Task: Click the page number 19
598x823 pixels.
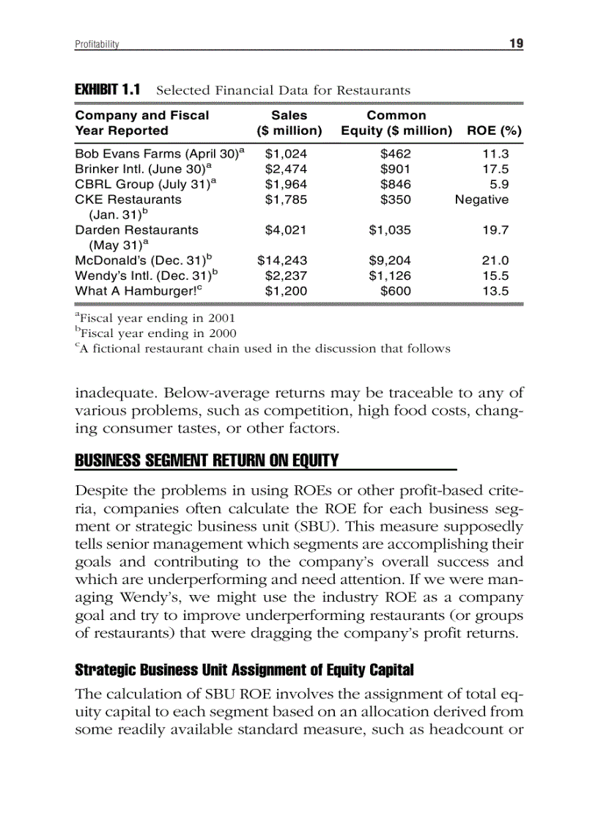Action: tap(516, 43)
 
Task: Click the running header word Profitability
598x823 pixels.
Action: tap(97, 44)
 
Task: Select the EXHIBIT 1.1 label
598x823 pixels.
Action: tap(108, 90)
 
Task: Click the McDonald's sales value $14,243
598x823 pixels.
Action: tap(282, 260)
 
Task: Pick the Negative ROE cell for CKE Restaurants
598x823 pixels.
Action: tap(481, 199)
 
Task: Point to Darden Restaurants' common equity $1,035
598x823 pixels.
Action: tap(390, 229)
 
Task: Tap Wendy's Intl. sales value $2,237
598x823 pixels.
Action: tap(286, 276)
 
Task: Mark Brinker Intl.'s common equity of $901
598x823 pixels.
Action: tap(395, 169)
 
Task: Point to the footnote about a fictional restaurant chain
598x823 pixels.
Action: tap(262, 349)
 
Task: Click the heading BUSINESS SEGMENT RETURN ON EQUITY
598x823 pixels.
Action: tap(207, 461)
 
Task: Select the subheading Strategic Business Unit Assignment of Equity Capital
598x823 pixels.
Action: tap(244, 670)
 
